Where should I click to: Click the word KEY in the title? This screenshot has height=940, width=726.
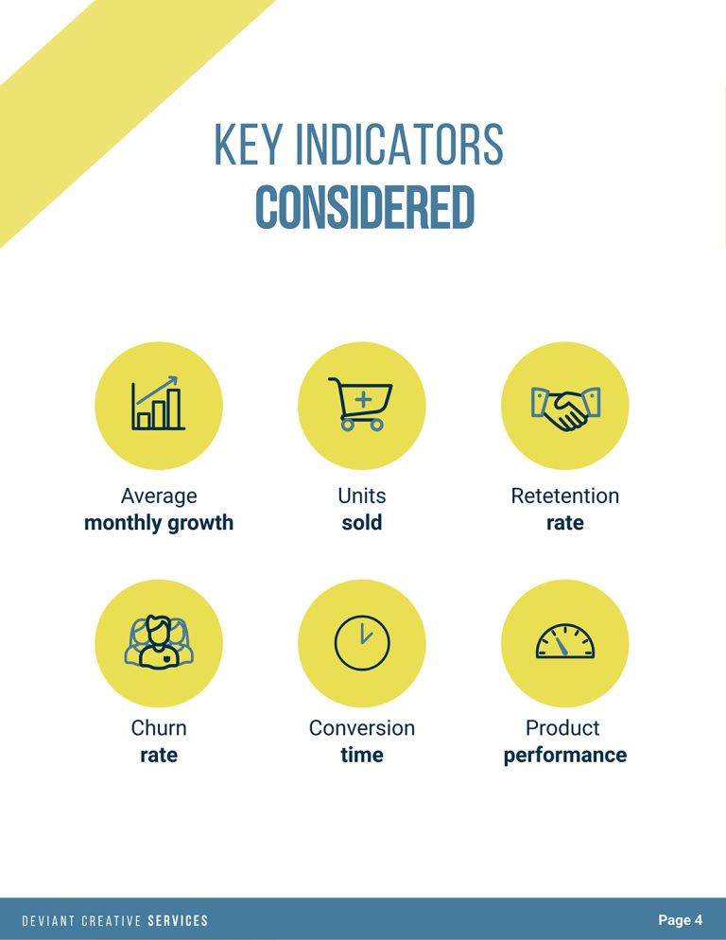pyautogui.click(x=247, y=145)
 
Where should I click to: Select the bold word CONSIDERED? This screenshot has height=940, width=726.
pyautogui.click(x=364, y=208)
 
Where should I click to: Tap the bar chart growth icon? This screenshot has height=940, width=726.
pyautogui.click(x=158, y=405)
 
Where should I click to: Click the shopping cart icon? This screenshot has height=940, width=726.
pyautogui.click(x=361, y=405)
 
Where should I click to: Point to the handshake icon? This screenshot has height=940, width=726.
pyautogui.click(x=564, y=407)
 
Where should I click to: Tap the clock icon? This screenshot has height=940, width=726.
pyautogui.click(x=361, y=643)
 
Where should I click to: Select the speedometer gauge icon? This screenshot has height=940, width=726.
pyautogui.click(x=564, y=641)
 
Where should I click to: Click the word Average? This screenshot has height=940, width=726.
pyautogui.click(x=159, y=496)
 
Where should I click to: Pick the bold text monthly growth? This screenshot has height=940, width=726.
pyautogui.click(x=159, y=523)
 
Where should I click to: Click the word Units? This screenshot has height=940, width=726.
pyautogui.click(x=362, y=496)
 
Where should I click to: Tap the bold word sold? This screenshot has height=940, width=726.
pyautogui.click(x=362, y=523)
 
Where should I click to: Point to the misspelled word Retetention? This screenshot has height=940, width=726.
pyautogui.click(x=564, y=496)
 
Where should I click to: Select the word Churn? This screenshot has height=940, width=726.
pyautogui.click(x=159, y=728)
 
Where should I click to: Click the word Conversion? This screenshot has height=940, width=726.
pyautogui.click(x=362, y=728)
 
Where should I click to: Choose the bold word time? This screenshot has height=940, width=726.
pyautogui.click(x=362, y=755)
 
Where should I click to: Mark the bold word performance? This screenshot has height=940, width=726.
pyautogui.click(x=564, y=755)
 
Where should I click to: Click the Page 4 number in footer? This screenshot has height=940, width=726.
pyautogui.click(x=680, y=920)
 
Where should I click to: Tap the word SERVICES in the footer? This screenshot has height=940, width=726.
pyautogui.click(x=178, y=921)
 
